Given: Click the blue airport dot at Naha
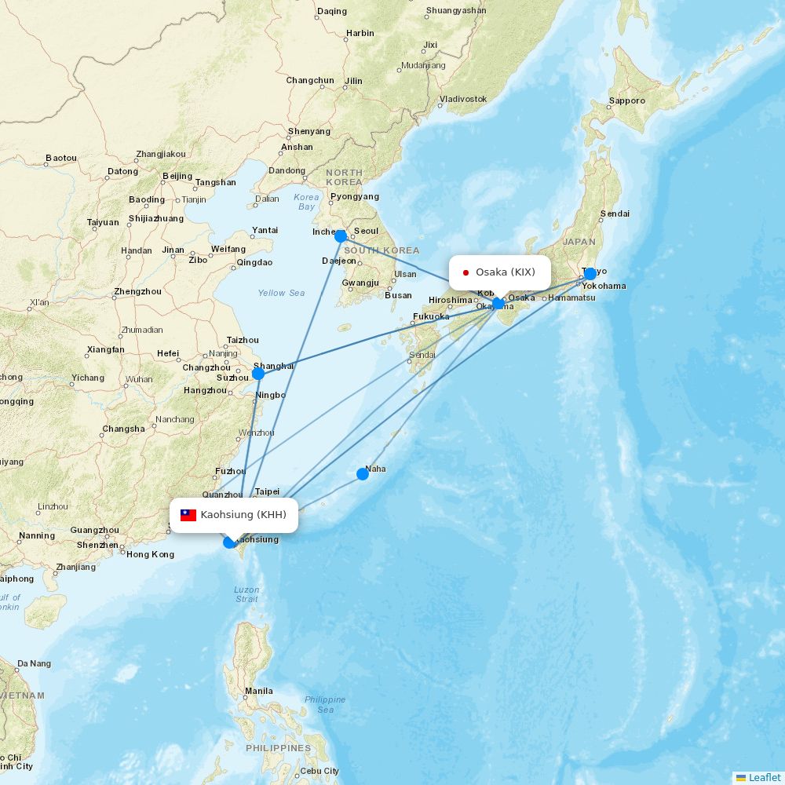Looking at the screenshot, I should click(362, 473).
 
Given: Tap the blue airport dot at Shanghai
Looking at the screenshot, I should click(258, 373).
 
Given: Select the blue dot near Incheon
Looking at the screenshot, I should click(341, 235).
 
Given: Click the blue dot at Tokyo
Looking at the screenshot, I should click(590, 274).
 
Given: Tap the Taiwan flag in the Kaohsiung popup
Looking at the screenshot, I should click(188, 515).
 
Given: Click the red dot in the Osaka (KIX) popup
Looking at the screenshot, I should click(466, 272).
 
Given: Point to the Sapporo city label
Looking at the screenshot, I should click(627, 100).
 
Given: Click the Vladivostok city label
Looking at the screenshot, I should click(463, 99).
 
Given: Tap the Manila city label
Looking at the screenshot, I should click(259, 691).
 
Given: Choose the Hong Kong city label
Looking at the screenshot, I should click(150, 554).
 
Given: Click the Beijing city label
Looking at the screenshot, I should click(177, 176).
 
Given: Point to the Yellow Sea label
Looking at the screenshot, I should click(281, 293).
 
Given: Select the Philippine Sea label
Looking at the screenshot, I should click(324, 704).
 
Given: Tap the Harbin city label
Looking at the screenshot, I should click(360, 33).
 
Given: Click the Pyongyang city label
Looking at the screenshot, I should click(355, 196).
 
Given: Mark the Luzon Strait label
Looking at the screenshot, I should click(246, 594).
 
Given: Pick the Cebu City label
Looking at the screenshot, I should click(319, 771).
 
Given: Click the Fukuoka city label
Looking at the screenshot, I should click(431, 316).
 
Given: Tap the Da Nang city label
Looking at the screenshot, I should click(34, 663).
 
